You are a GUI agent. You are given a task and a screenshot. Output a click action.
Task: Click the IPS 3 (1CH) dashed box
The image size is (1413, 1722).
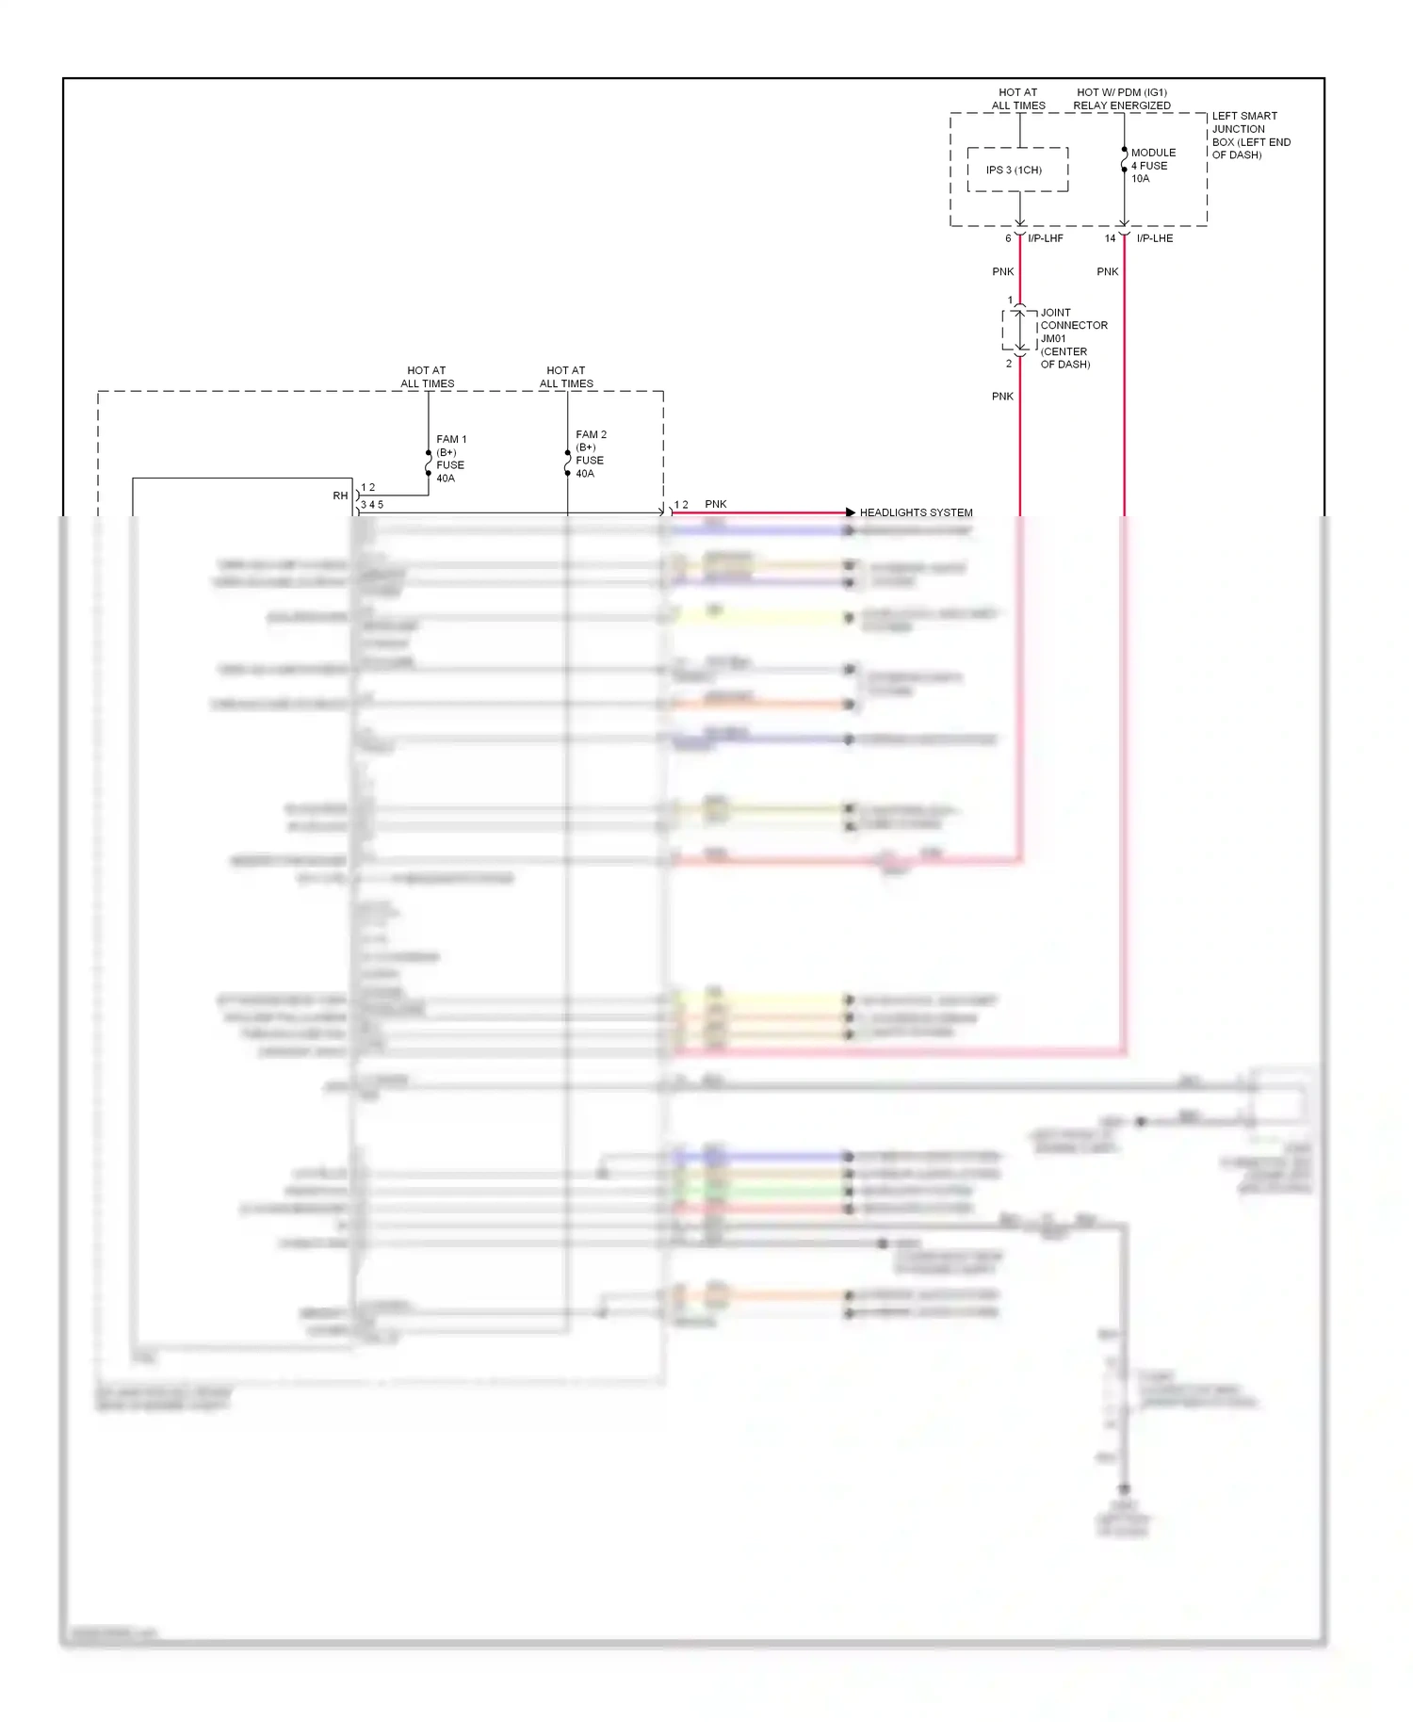[x=1017, y=170]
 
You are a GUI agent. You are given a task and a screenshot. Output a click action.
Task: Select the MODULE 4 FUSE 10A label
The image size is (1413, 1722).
[x=1153, y=165]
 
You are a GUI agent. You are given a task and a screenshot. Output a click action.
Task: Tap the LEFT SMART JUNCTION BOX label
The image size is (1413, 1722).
[x=1250, y=135]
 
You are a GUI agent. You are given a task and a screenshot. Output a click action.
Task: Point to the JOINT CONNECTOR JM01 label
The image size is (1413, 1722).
[x=1072, y=337]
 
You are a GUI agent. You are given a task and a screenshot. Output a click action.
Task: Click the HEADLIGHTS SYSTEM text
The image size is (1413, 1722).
[x=916, y=512]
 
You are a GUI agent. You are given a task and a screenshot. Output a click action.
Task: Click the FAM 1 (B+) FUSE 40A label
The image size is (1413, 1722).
[x=450, y=458]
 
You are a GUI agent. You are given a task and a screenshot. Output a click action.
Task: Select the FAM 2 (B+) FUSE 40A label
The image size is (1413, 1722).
[x=591, y=453]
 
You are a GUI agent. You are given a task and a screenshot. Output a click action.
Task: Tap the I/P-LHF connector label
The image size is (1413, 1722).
[x=1046, y=238]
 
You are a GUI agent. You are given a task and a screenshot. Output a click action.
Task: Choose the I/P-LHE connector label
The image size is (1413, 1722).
[x=1154, y=238]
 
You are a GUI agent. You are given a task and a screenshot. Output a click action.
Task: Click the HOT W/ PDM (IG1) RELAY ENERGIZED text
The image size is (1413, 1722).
[x=1122, y=99]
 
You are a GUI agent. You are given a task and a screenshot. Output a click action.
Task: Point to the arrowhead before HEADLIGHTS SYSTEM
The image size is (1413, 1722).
[x=850, y=512]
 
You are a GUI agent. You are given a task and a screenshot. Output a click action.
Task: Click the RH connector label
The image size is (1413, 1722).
[x=340, y=495]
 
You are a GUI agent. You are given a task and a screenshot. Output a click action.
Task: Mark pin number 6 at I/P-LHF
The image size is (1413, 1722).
[x=1008, y=238]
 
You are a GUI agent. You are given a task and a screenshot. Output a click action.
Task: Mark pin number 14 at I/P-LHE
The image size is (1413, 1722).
[x=1110, y=238]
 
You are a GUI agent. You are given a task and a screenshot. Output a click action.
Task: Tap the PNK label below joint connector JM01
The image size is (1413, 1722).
[x=1002, y=397]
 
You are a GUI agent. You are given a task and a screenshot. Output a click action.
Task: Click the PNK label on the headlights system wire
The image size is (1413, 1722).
[x=715, y=504]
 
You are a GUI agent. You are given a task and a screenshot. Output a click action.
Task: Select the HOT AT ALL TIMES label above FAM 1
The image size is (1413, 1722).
[x=427, y=377]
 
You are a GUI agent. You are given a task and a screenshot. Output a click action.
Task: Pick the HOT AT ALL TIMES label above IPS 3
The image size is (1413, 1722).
[x=1017, y=99]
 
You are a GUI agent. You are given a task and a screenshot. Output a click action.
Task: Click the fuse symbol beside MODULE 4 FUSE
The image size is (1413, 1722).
[x=1124, y=165]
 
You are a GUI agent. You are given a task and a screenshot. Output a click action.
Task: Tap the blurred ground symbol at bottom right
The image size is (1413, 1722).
[x=1124, y=1490]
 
